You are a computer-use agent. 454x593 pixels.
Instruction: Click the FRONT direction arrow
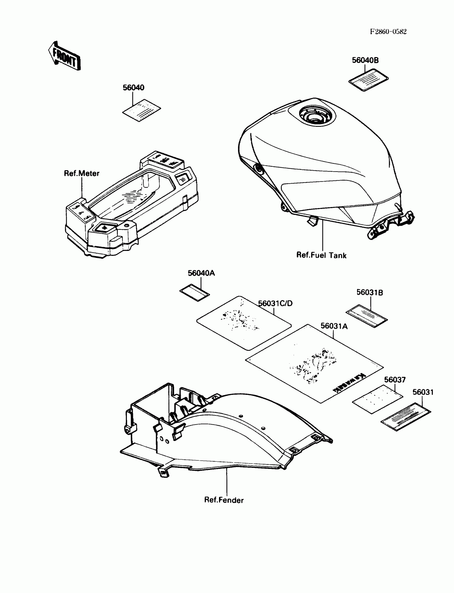[x=64, y=56]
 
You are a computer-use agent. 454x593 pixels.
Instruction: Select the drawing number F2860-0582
[x=388, y=32]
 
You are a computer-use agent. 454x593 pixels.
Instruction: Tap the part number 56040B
[x=365, y=61]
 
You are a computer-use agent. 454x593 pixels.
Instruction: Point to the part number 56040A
[x=201, y=273]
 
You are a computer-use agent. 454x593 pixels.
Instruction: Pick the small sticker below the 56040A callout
[x=195, y=292]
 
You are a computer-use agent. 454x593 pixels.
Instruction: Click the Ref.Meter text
[x=82, y=173]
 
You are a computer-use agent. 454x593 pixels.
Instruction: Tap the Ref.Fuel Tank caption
[x=321, y=255]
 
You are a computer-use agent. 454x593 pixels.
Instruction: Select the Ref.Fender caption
[x=224, y=500]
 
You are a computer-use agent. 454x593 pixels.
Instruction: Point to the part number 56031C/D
[x=275, y=303]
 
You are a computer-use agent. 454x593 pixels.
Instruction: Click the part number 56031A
[x=334, y=326]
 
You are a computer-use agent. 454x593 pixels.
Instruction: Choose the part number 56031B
[x=369, y=292]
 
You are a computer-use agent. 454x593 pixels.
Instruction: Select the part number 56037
[x=395, y=380]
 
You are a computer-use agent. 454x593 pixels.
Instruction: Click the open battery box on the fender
[x=151, y=402]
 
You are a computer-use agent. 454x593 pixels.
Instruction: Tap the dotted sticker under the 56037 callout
[x=378, y=399]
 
